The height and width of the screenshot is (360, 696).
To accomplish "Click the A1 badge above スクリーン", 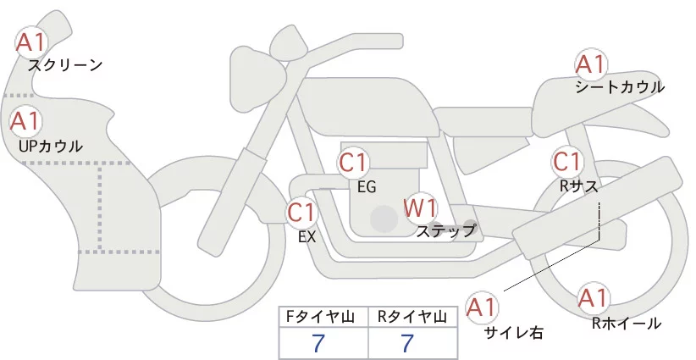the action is pos(32,41).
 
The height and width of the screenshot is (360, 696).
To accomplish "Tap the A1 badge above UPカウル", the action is pos(25,121).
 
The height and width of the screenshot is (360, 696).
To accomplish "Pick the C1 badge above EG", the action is pos(353,162).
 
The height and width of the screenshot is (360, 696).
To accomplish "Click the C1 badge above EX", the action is pos(301,212).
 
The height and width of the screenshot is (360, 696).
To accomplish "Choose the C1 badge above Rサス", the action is pos(566,161).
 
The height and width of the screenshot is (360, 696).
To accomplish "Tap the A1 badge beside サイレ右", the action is pos(483,306).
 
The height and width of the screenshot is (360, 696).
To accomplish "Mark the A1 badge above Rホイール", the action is pos(592,298).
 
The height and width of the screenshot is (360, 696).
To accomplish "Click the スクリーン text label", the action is pos(65,64).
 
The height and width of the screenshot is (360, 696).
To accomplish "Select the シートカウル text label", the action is pos(620,87).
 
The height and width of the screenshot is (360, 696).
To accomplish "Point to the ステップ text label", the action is pos(445,230).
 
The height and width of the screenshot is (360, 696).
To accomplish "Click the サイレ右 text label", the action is pos(512,332).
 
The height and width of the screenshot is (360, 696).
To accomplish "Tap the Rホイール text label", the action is pos(627,323).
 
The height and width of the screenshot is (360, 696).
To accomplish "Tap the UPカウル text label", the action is pos(50,146).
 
